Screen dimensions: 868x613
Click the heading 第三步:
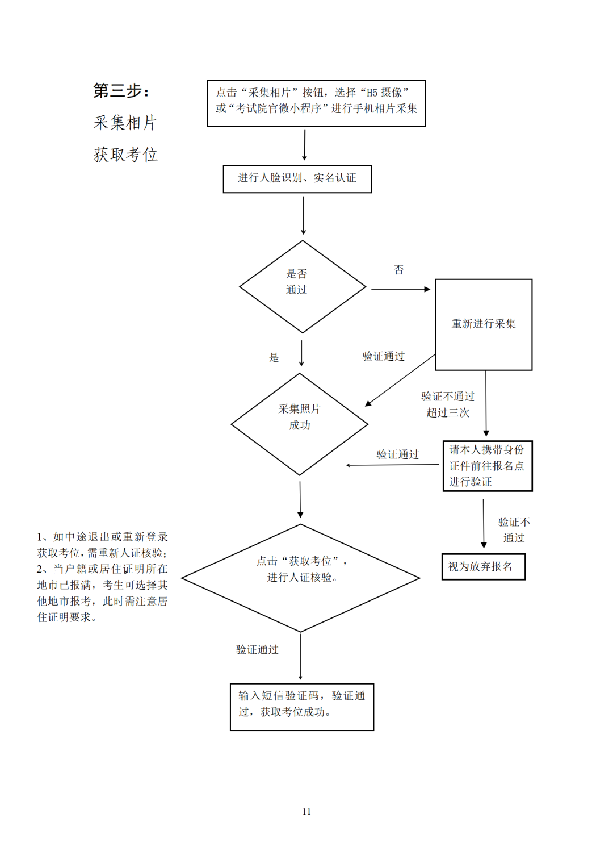pos(121,91)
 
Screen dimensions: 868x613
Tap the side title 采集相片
pos(125,123)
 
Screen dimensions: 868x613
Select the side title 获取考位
pos(125,155)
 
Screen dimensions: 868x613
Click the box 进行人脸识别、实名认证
pos(297,179)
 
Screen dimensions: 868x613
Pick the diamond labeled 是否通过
pos(302,287)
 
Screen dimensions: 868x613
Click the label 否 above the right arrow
pos(399,270)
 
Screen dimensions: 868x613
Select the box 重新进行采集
pos(484,324)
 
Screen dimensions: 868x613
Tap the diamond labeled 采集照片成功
pos(299,424)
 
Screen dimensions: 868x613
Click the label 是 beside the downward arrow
pos(274,358)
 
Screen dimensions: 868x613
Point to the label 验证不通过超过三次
pos(448,404)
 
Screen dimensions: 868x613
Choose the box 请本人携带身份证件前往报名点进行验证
pos(487,466)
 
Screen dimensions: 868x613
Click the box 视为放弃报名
pos(484,567)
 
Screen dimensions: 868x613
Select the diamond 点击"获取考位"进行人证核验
pos(301,578)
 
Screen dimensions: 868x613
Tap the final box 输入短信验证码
pos(301,707)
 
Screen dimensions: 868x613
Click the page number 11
pos(306,812)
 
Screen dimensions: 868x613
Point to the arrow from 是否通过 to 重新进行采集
pos(401,289)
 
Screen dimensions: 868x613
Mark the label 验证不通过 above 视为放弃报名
pos(514,529)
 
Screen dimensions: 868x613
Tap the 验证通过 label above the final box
pos(257,650)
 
